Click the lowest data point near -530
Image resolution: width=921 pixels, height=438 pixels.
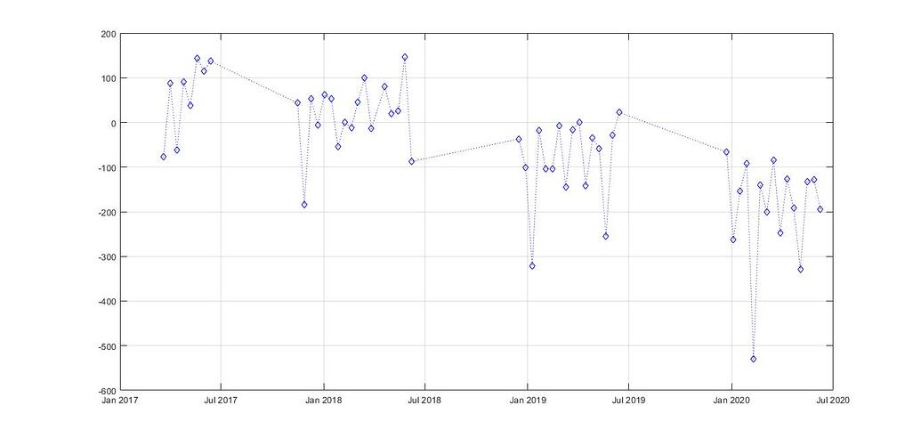(x=753, y=359)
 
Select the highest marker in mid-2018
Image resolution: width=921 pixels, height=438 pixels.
(x=404, y=57)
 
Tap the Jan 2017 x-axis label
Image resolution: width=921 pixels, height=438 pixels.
(x=120, y=401)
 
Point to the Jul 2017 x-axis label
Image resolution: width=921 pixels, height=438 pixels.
(x=222, y=401)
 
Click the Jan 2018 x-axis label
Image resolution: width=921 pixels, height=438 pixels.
(x=324, y=401)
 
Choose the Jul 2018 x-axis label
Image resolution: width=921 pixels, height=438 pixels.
(x=425, y=401)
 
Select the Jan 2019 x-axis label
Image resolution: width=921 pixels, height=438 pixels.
(x=528, y=401)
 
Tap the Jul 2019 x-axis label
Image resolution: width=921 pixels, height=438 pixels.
(x=629, y=401)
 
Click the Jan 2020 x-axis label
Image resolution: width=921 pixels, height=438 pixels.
(x=731, y=401)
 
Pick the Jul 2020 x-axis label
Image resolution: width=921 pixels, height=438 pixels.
(x=833, y=401)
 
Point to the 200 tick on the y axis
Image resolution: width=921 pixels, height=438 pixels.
(x=108, y=34)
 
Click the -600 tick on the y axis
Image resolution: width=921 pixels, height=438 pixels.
(x=106, y=391)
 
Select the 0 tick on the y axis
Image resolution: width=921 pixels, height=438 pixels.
(x=112, y=123)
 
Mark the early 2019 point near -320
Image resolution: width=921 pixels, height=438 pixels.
(x=532, y=265)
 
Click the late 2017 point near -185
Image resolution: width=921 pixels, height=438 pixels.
(x=304, y=205)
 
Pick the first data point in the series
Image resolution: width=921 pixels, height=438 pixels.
(x=164, y=157)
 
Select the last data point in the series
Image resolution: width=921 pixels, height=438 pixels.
(x=820, y=209)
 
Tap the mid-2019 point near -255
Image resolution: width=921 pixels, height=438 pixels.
(x=606, y=236)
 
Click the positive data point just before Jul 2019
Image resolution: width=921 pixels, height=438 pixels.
(x=619, y=113)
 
